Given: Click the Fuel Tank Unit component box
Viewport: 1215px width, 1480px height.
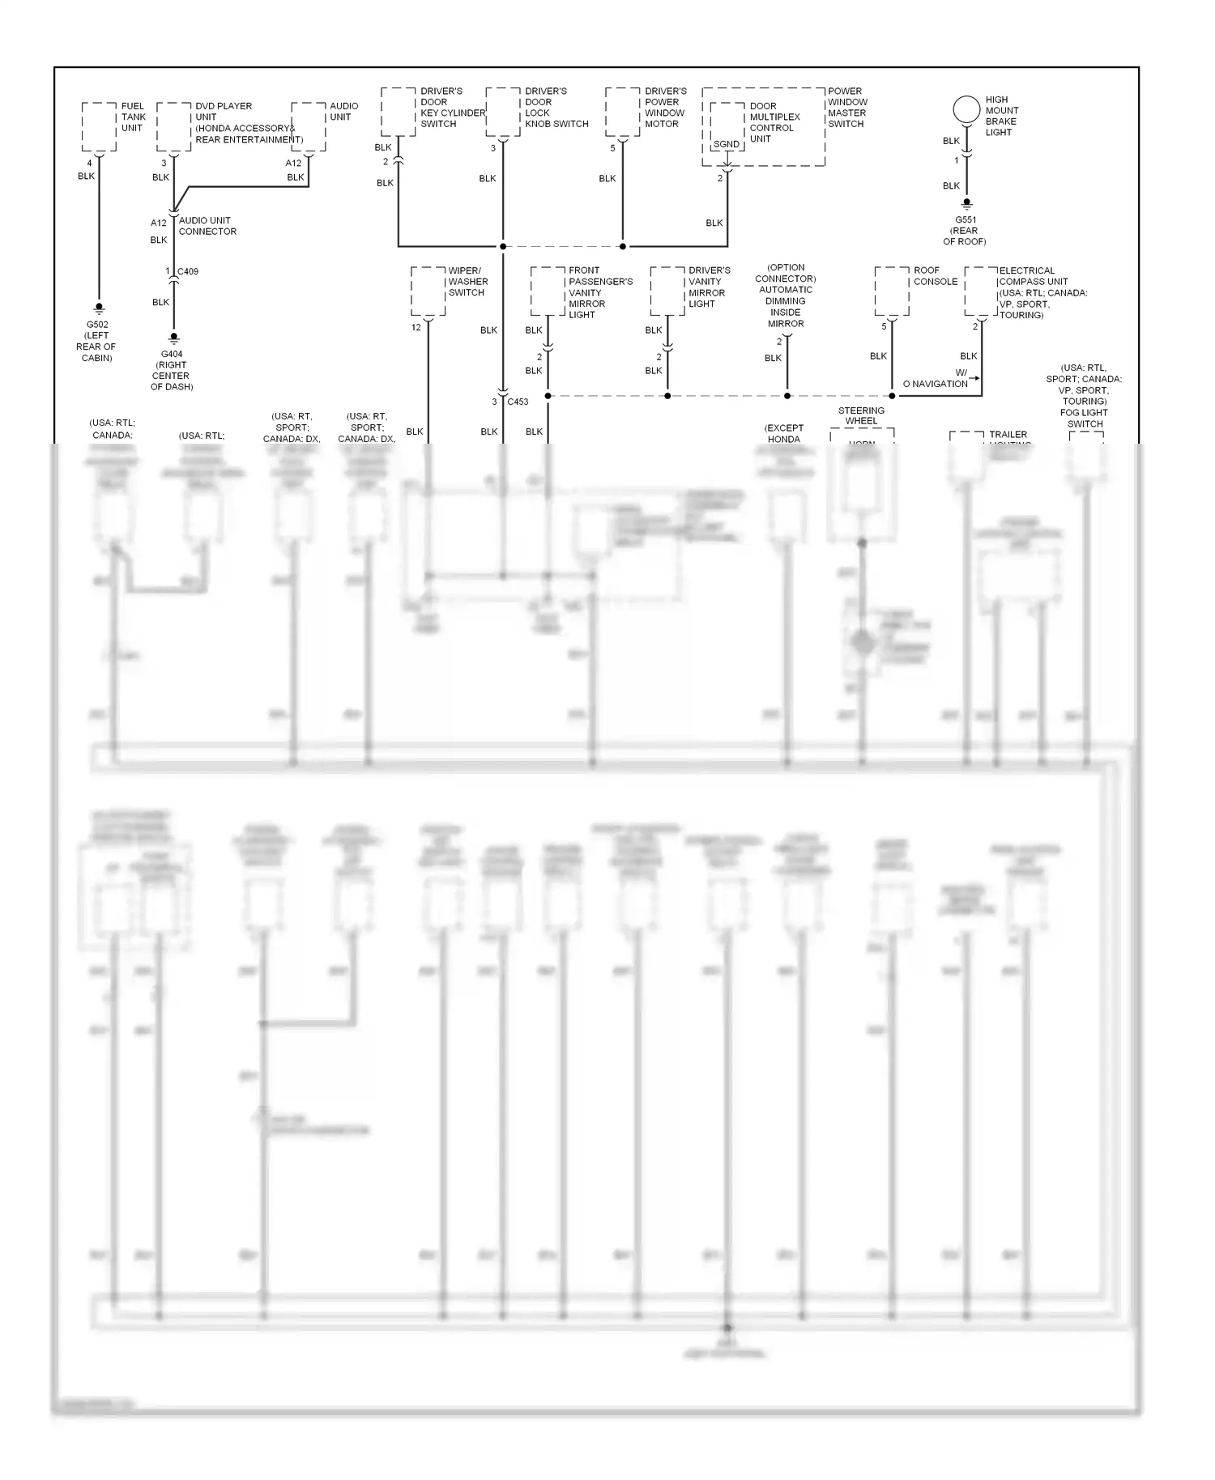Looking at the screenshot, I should point(100,126).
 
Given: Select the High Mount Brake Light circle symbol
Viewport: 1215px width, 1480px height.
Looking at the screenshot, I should point(966,109).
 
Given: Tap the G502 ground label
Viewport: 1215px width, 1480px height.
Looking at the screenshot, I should point(98,325).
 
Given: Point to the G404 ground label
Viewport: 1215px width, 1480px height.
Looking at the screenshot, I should point(172,354).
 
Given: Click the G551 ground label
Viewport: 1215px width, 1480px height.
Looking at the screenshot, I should point(966,219).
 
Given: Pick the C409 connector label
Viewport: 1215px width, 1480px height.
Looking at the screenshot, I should point(188,271).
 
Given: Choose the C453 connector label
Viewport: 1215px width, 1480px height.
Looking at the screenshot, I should point(518,402).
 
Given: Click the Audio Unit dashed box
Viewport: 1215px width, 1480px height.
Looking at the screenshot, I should point(309,126).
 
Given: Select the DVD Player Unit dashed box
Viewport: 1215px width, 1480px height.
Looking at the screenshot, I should point(174,126).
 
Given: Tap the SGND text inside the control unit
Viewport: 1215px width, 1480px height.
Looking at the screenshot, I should point(726,144).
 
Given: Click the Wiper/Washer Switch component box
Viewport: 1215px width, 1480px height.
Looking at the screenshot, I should point(428,291).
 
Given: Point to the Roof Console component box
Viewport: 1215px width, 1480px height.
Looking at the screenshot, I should point(892,291).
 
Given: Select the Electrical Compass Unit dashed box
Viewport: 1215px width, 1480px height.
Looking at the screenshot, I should point(981,291).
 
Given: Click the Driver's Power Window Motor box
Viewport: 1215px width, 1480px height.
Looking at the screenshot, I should point(622,112).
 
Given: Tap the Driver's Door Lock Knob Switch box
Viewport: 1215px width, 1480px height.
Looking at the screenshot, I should point(503,112).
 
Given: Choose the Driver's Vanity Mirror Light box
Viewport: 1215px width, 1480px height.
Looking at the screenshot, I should point(667,291).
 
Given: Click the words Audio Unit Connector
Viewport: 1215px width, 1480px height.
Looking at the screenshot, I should point(207,226).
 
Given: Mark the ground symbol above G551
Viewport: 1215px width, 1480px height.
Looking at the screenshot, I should point(966,205).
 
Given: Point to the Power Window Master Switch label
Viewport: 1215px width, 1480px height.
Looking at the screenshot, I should point(846,108).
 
